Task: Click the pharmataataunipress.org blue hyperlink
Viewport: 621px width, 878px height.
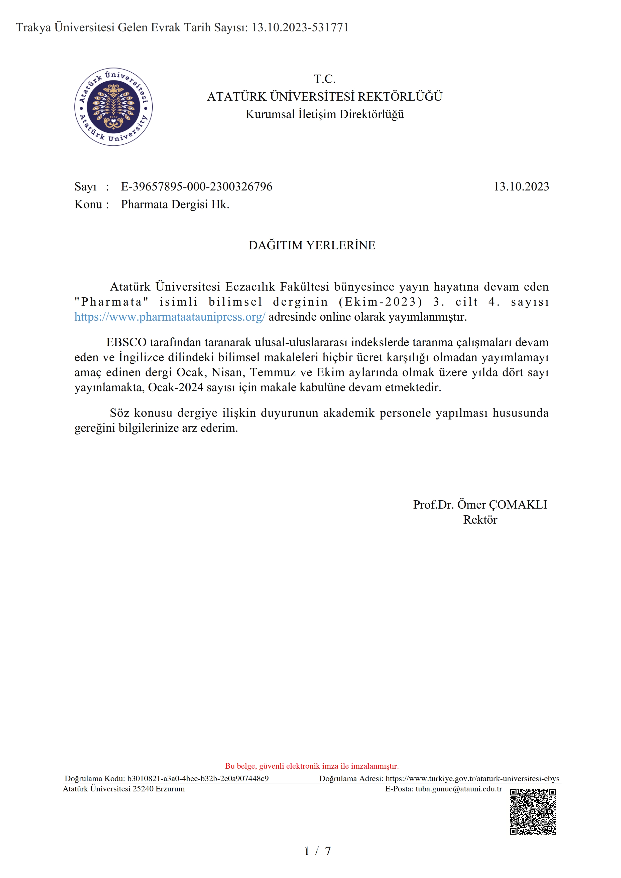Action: coord(170,317)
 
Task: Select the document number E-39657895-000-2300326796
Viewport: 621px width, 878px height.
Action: coord(196,187)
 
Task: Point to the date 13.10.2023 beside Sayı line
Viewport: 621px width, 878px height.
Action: coord(521,187)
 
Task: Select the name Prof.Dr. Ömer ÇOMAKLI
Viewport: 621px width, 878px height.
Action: coord(480,505)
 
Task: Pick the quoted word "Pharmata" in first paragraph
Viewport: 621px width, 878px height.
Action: coord(111,302)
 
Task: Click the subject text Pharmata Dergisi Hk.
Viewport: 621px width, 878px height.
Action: coord(175,204)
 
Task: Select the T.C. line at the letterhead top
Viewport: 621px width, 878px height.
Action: coord(324,79)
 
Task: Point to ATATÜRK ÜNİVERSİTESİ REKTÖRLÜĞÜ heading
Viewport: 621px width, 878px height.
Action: coord(324,97)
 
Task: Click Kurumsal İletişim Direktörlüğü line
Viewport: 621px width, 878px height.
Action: coord(324,114)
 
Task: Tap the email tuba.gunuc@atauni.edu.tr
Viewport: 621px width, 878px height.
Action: coord(459,789)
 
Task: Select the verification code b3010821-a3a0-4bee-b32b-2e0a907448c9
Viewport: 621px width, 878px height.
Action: coord(198,779)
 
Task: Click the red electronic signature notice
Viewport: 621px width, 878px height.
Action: coord(312,766)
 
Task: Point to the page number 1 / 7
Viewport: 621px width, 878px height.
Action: coord(317,851)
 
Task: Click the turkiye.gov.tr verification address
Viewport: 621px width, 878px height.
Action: coord(472,779)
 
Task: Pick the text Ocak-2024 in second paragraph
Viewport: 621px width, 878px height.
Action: coord(176,387)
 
